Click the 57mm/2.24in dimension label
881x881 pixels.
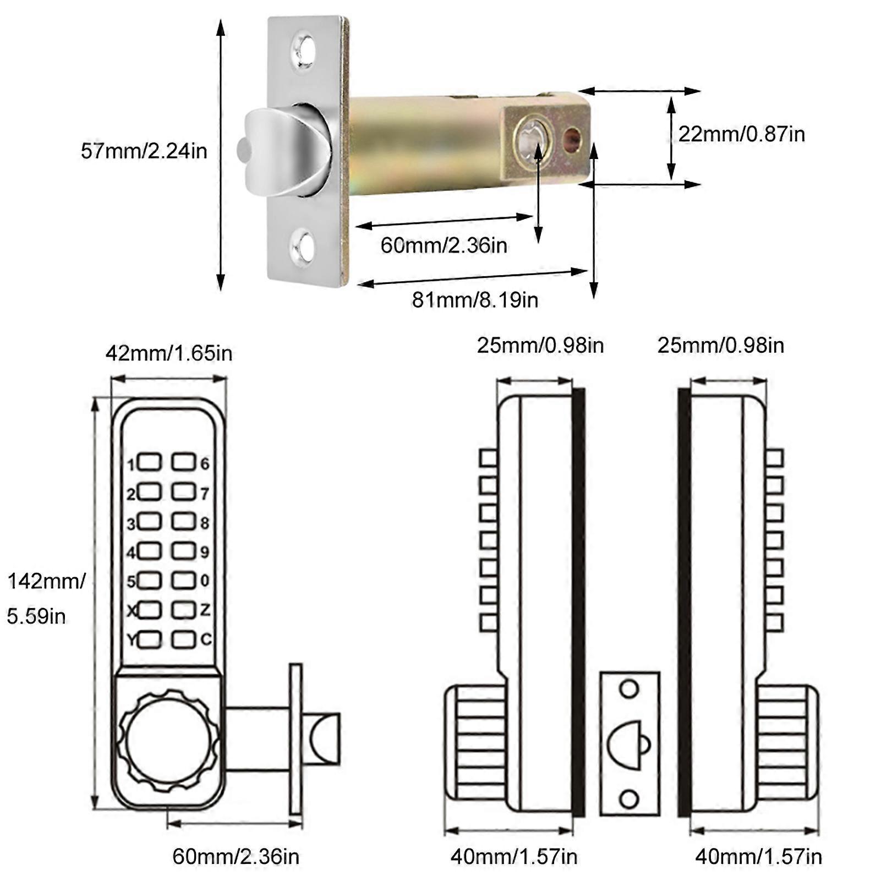(x=144, y=151)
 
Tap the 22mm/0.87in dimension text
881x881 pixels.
(x=741, y=134)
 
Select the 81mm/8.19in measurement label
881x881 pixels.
(x=475, y=300)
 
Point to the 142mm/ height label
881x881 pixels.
(x=46, y=581)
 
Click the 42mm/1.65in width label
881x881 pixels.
(x=169, y=353)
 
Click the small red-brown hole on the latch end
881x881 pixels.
(x=572, y=139)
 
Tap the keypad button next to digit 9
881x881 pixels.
(x=183, y=551)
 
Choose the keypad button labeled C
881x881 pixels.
(x=183, y=639)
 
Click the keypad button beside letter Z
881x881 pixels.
(x=183, y=609)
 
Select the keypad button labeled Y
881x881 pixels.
(x=150, y=639)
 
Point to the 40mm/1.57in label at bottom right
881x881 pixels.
(x=758, y=857)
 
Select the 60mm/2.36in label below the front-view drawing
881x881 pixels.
(x=236, y=857)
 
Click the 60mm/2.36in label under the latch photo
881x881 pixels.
(x=444, y=245)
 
